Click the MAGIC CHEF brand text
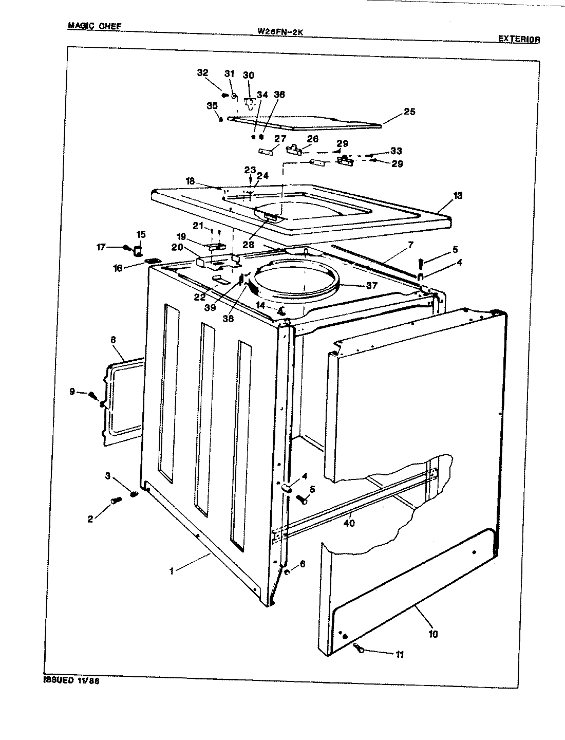tap(95, 26)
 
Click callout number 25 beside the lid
tap(409, 112)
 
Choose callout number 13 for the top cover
tap(457, 195)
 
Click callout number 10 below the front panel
tap(432, 634)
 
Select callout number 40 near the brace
tap(349, 523)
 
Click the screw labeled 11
tap(359, 649)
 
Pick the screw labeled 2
tap(116, 500)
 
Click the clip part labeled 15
tap(138, 251)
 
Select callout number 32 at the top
tap(202, 72)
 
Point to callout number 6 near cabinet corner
tap(302, 564)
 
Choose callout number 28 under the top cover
tap(248, 245)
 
